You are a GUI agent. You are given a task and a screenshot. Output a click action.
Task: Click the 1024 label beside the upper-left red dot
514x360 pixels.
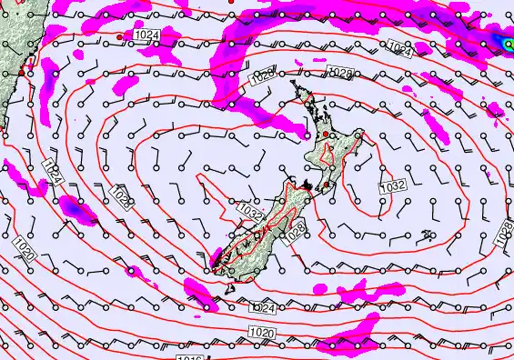(x=145, y=35)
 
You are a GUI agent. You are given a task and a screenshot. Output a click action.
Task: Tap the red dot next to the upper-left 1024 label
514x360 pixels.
(x=120, y=36)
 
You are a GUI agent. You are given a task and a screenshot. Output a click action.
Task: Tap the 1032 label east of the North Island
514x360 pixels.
(x=392, y=186)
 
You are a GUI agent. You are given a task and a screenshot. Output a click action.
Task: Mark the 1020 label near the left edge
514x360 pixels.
(x=25, y=248)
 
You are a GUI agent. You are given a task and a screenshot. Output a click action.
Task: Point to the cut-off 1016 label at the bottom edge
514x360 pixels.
(x=189, y=356)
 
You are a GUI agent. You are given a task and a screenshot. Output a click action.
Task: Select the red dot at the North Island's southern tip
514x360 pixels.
(x=326, y=185)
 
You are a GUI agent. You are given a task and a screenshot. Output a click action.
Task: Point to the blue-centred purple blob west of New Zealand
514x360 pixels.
(x=72, y=209)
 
